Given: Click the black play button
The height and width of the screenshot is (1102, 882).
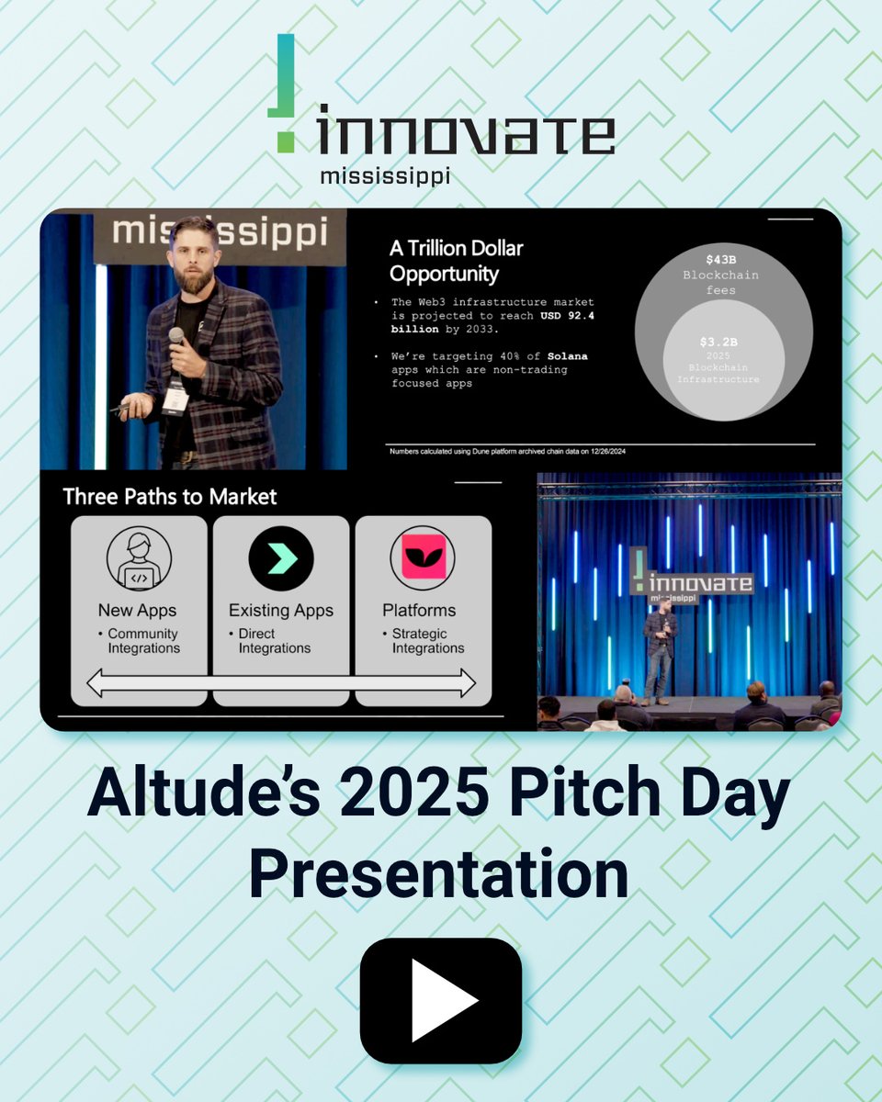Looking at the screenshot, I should (x=441, y=1000).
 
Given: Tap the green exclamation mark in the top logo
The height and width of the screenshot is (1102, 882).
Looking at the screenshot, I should (x=285, y=93).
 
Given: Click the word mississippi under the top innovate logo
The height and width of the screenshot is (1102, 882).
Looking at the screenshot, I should (x=385, y=175).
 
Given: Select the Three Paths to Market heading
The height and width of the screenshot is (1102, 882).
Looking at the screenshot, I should (x=170, y=497).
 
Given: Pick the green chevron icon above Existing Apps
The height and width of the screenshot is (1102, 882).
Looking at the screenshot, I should (x=281, y=558).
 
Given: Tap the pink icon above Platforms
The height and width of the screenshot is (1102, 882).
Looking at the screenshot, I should (x=423, y=558).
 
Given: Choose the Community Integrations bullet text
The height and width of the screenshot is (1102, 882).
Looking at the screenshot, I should (x=142, y=641).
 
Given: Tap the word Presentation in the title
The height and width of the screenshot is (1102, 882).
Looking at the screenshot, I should (x=439, y=875).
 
